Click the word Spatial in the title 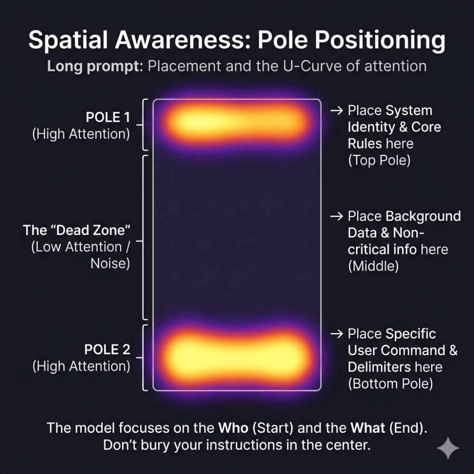pyautogui.click(x=68, y=40)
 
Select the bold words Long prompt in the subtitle pyautogui.click(x=95, y=66)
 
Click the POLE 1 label pyautogui.click(x=108, y=117)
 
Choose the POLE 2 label pyautogui.click(x=107, y=349)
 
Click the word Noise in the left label pyautogui.click(x=110, y=264)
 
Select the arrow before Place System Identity pyautogui.click(x=337, y=110)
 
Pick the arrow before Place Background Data pyautogui.click(x=337, y=217)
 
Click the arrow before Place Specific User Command pyautogui.click(x=337, y=334)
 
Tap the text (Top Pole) pyautogui.click(x=379, y=160)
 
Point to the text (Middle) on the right pyautogui.click(x=374, y=266)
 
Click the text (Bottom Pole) pyautogui.click(x=390, y=384)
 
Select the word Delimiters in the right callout pyautogui.click(x=379, y=367)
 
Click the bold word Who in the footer pyautogui.click(x=233, y=428)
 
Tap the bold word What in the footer pyautogui.click(x=368, y=428)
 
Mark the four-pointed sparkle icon pyautogui.click(x=448, y=448)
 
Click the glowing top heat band pyautogui.click(x=237, y=122)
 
